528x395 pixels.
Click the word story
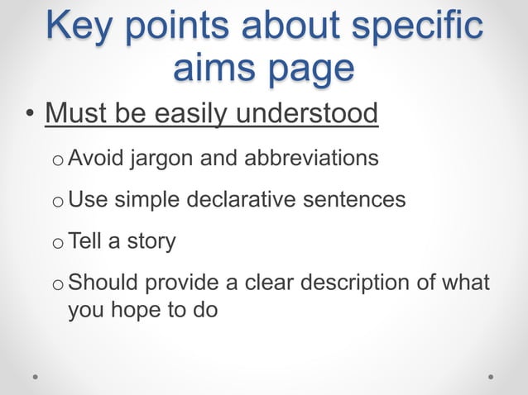click(148, 242)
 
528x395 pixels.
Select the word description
click(351, 285)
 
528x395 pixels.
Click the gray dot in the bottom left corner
click(36, 376)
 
